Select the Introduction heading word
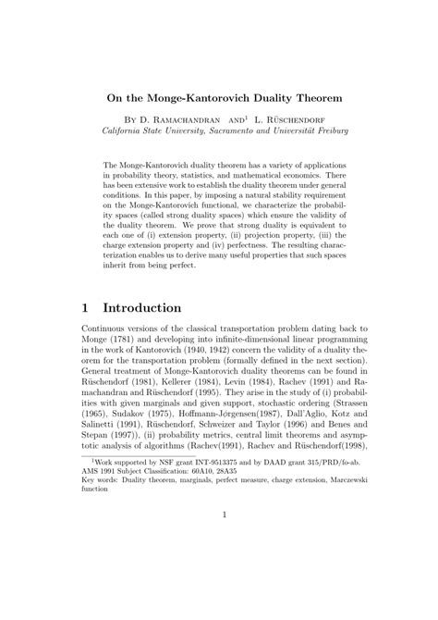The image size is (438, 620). tap(154, 306)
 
